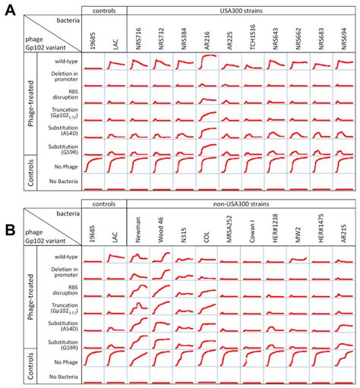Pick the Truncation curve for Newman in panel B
pyautogui.click(x=140, y=308)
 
